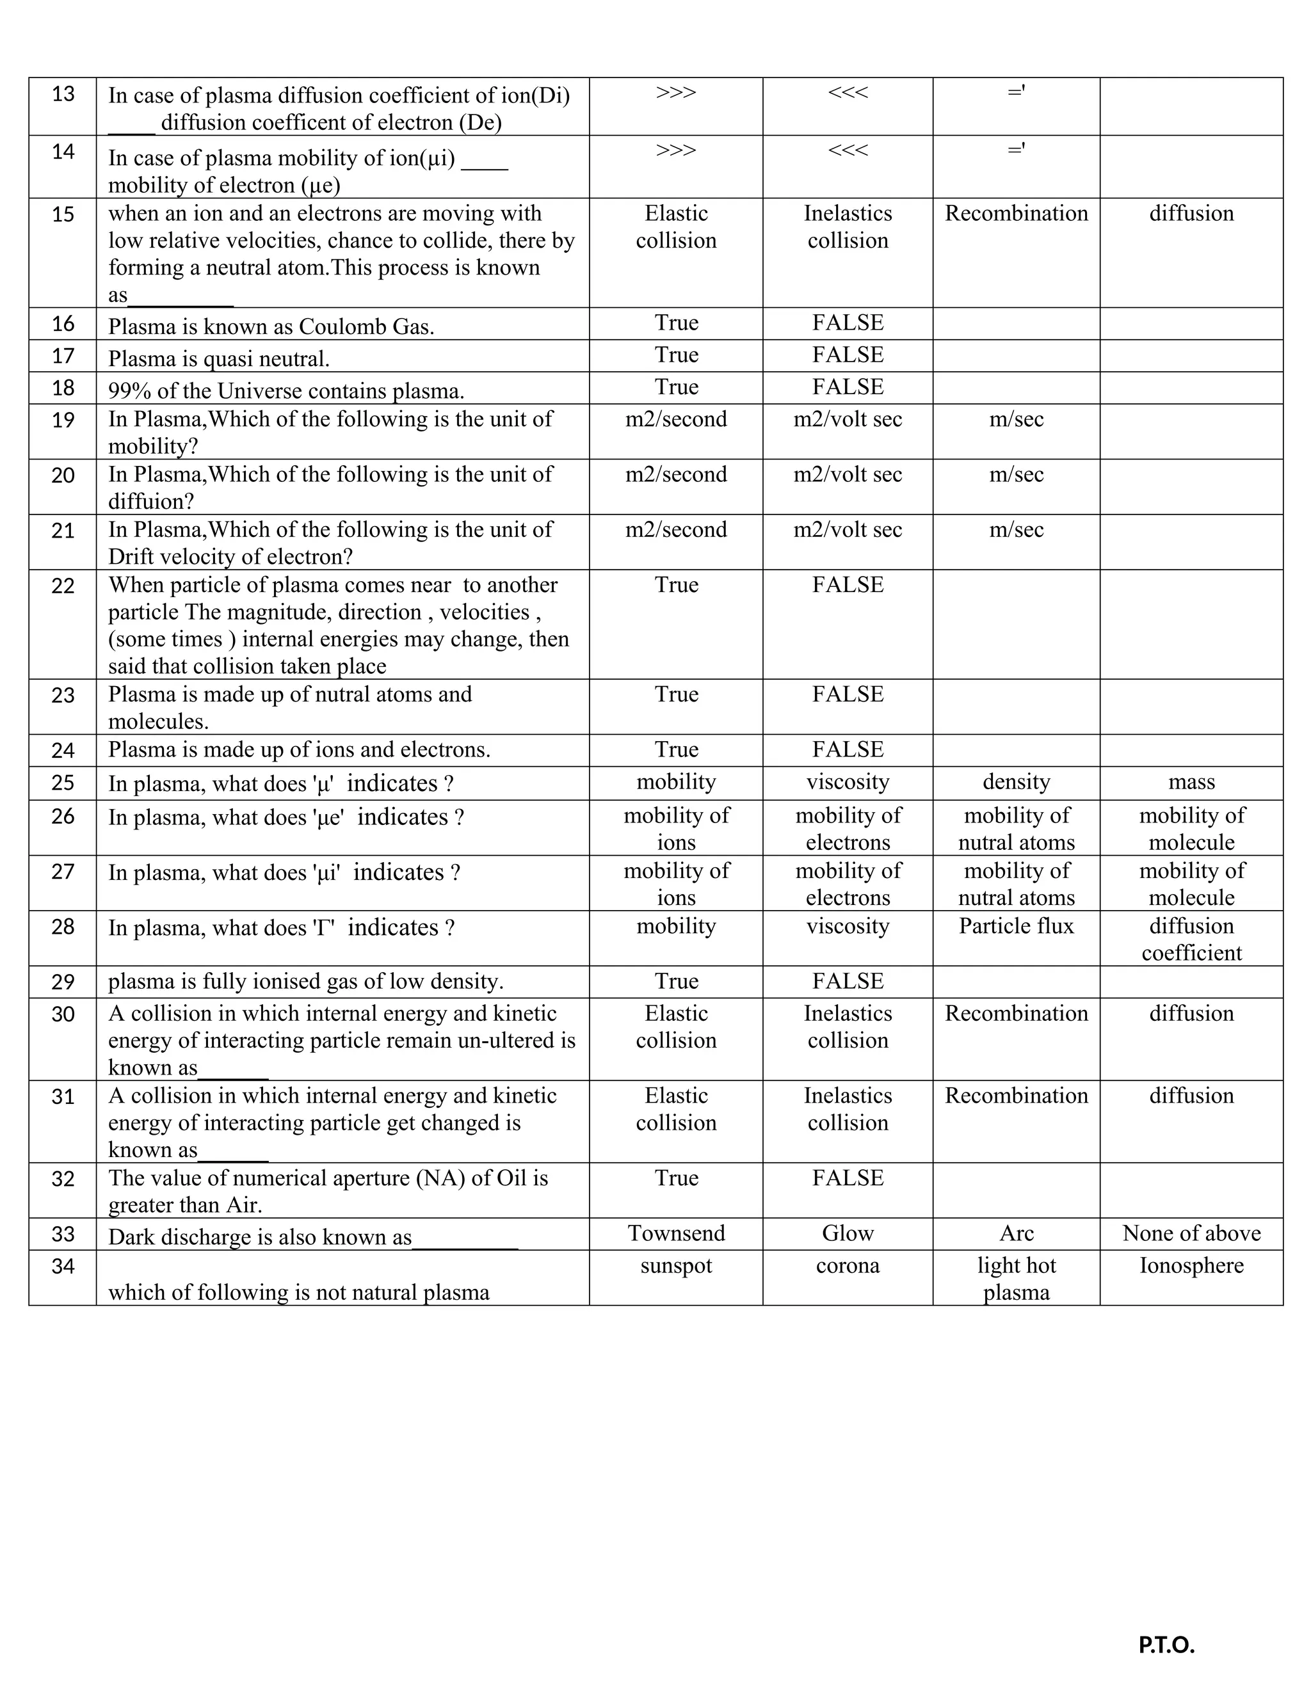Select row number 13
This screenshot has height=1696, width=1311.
63,94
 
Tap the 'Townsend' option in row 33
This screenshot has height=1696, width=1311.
676,1233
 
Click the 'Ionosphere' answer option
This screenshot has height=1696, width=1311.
1191,1265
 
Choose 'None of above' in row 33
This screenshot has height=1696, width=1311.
1191,1233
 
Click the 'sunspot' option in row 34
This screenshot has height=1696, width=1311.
676,1265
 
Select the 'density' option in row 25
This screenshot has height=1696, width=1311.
1016,781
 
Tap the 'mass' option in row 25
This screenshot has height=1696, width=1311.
1191,781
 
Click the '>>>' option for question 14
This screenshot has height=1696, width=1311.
676,150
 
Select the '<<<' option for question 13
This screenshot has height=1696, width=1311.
848,92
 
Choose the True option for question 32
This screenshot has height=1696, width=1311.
676,1178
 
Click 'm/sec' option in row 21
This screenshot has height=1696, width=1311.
1016,530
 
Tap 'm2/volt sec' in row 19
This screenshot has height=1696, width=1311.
848,419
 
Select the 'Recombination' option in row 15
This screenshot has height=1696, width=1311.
1016,214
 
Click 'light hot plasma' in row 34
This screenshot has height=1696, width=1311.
1016,1278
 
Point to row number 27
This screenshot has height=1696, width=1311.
63,872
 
